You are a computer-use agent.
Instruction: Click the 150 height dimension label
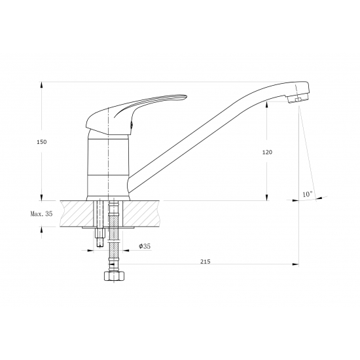point(41,142)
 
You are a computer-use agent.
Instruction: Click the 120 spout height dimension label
point(267,152)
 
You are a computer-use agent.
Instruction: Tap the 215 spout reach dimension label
point(206,262)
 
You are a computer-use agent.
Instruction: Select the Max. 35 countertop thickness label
point(41,214)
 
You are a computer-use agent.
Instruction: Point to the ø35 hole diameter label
point(145,246)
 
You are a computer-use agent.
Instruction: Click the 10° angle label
point(308,194)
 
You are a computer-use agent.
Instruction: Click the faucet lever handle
point(136,114)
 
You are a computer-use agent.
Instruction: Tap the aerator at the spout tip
point(298,98)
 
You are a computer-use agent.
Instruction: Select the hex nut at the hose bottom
point(115,276)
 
